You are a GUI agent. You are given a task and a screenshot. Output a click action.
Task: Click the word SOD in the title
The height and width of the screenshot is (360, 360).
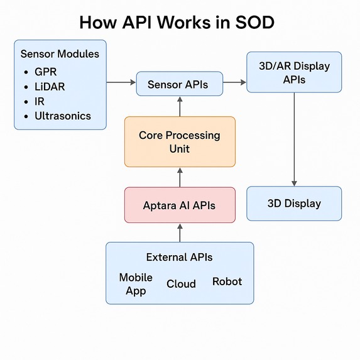(x=255, y=23)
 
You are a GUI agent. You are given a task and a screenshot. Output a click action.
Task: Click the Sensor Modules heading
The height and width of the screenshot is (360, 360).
(x=60, y=54)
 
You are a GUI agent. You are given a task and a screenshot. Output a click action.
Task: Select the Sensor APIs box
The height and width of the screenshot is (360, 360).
(x=180, y=84)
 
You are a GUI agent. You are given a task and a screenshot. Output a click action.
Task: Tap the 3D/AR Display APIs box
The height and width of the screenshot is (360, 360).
(x=294, y=72)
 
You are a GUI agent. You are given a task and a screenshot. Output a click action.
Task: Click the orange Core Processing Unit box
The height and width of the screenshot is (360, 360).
(x=180, y=141)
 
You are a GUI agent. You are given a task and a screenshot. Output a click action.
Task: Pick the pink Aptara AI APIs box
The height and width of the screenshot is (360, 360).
(x=180, y=205)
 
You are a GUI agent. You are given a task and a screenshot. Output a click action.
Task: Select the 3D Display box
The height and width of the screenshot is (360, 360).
(x=294, y=204)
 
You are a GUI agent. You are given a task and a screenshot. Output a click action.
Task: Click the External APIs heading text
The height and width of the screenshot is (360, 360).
(x=179, y=257)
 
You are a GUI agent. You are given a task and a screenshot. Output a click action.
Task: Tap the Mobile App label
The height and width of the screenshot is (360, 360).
(x=136, y=284)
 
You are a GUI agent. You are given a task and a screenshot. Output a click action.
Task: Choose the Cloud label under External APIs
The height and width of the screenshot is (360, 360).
(x=181, y=284)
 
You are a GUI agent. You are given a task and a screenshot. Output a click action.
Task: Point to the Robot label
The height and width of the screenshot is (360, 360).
(x=227, y=281)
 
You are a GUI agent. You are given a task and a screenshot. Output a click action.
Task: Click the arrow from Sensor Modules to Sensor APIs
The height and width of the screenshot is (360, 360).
(x=121, y=82)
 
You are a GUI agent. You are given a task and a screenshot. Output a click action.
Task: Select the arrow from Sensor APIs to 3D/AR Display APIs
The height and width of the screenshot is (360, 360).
(x=234, y=82)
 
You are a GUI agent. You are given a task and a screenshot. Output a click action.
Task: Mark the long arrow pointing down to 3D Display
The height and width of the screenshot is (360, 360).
(x=294, y=139)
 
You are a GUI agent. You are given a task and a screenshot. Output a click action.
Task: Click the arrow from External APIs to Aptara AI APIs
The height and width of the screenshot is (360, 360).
(x=180, y=232)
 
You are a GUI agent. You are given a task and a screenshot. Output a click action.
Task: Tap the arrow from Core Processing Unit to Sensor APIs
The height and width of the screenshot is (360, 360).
(x=180, y=107)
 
